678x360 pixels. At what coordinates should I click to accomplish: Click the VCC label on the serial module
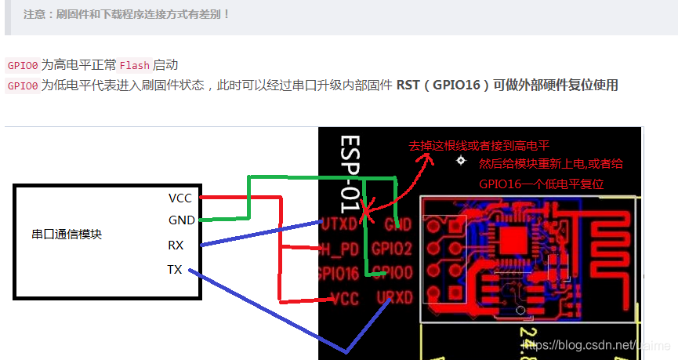pos(180,198)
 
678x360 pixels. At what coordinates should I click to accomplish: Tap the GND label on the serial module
pos(181,220)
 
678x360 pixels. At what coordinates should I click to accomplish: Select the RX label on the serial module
pos(176,245)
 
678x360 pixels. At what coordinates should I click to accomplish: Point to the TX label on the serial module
pos(175,270)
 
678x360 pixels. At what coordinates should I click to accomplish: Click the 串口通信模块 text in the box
pos(67,234)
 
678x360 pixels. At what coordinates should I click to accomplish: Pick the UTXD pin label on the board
pos(339,224)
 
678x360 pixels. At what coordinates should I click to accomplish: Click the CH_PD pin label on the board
pos(340,249)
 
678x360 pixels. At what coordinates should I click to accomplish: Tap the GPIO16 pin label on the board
pos(339,274)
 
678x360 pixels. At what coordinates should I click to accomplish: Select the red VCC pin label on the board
pos(345,299)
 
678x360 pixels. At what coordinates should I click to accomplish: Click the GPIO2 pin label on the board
pos(392,249)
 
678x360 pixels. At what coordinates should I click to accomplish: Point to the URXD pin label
pos(394,299)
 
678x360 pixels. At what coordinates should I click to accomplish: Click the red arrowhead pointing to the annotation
pos(428,156)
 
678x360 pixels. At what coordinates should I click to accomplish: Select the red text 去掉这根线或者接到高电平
pos(479,146)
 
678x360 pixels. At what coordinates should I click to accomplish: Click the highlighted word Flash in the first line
pos(134,65)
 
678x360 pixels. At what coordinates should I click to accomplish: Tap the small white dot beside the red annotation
pos(460,161)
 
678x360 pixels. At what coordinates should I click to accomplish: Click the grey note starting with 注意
pos(126,14)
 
